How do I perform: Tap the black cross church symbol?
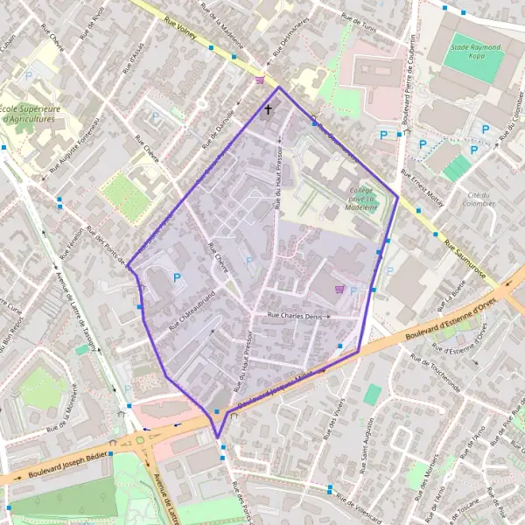click(x=268, y=110)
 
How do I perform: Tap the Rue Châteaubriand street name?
click(x=185, y=311)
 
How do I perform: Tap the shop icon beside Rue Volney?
click(x=259, y=80)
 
